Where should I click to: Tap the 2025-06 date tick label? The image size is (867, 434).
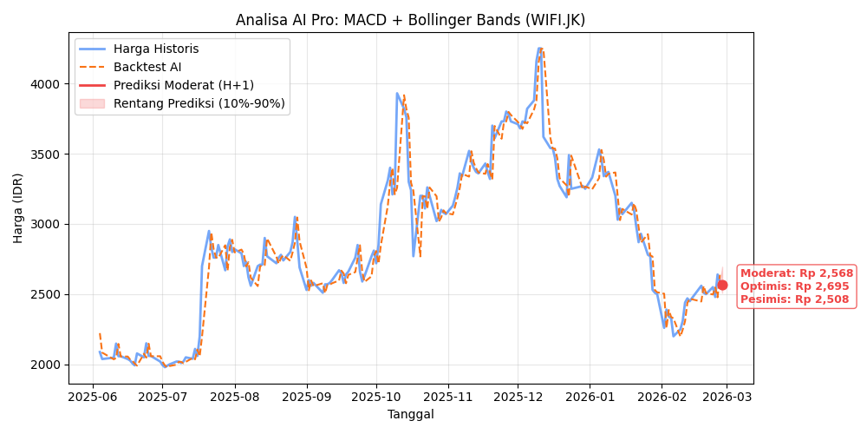[93, 397]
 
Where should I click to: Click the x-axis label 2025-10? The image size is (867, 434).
[375, 397]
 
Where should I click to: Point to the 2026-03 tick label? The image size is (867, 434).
[727, 397]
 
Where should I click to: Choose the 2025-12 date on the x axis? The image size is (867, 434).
[518, 397]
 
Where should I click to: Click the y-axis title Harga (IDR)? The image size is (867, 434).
[18, 207]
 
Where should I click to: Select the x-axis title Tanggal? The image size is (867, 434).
[410, 415]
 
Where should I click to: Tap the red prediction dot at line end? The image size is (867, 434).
[722, 285]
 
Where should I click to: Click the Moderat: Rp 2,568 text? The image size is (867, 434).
[797, 273]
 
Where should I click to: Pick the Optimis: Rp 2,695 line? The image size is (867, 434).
[794, 286]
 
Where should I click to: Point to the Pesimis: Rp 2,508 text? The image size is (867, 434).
[794, 299]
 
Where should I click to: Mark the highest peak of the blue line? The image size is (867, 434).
[539, 49]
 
